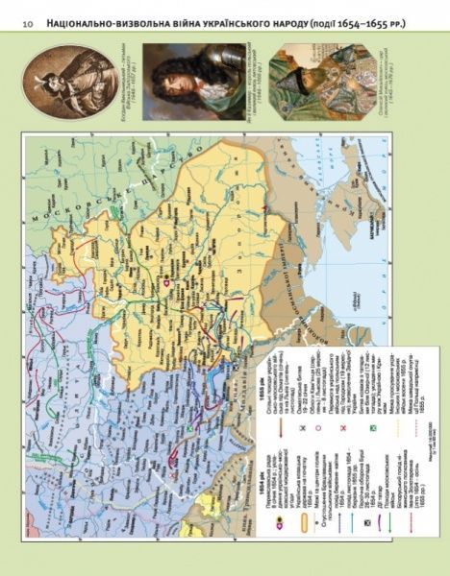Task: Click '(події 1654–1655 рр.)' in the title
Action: (x=372, y=20)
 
